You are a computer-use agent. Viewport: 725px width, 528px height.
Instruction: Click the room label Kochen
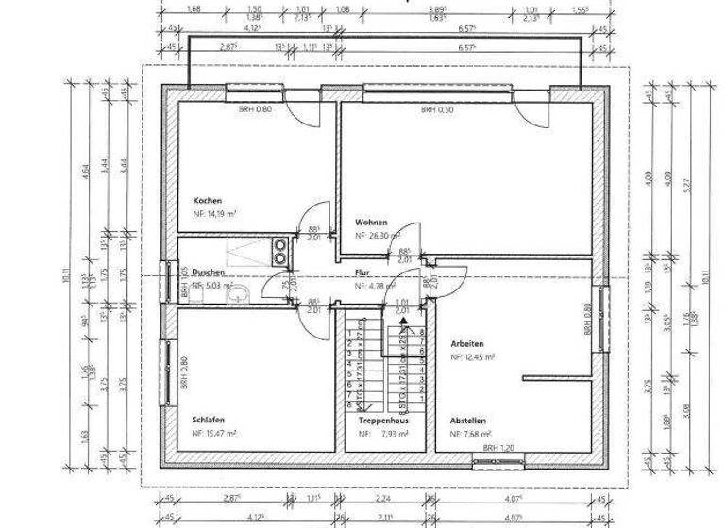tap(207, 201)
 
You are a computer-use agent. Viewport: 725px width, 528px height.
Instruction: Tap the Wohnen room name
tap(371, 223)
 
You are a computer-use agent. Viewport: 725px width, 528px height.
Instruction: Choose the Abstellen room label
tap(468, 421)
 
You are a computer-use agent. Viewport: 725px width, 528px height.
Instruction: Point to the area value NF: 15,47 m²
tap(214, 433)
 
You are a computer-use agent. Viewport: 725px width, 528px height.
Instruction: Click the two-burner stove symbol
tap(280, 250)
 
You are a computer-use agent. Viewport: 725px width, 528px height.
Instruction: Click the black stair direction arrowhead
tap(404, 322)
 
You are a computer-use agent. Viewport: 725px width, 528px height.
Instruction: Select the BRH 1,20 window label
tap(499, 448)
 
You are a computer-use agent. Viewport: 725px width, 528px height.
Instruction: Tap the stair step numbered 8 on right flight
tap(422, 333)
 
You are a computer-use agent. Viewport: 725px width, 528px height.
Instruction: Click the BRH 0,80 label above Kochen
tap(255, 109)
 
